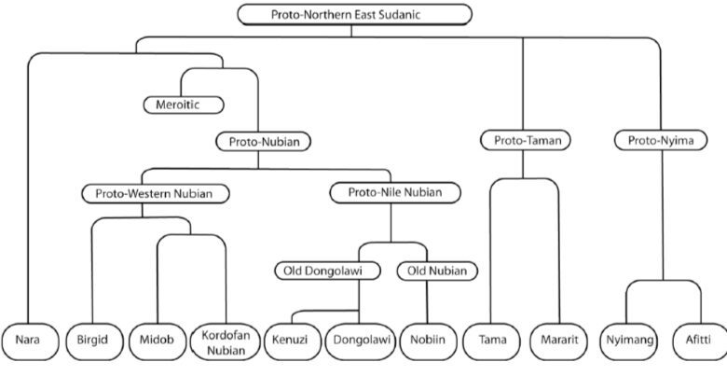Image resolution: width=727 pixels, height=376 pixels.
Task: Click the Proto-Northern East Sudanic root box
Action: tap(355, 14)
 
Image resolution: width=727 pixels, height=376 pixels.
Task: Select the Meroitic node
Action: tap(184, 104)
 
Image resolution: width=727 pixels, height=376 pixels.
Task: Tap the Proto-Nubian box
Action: tap(264, 142)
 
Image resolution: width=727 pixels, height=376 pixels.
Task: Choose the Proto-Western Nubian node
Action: tap(156, 193)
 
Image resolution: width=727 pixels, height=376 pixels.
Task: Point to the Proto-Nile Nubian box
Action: tap(395, 192)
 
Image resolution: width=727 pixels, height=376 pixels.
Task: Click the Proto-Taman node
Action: tap(526, 140)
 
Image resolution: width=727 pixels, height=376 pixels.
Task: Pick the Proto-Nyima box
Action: tap(661, 140)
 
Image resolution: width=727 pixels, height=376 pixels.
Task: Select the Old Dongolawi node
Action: tap(327, 271)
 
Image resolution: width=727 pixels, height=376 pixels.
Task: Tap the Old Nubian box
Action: tap(437, 271)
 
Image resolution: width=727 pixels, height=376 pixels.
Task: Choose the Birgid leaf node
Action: tap(94, 341)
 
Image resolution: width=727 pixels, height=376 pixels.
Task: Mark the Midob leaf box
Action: tap(158, 341)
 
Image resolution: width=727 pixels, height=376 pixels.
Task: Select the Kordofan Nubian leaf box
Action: tap(226, 342)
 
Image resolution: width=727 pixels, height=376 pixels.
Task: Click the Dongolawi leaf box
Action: tap(361, 341)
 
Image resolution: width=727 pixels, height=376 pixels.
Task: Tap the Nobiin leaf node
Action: tap(428, 341)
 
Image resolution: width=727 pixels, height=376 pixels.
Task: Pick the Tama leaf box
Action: tap(492, 341)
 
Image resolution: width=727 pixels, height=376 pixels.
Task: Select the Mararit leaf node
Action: tap(559, 341)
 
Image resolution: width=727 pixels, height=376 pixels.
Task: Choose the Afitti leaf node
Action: tap(698, 341)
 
